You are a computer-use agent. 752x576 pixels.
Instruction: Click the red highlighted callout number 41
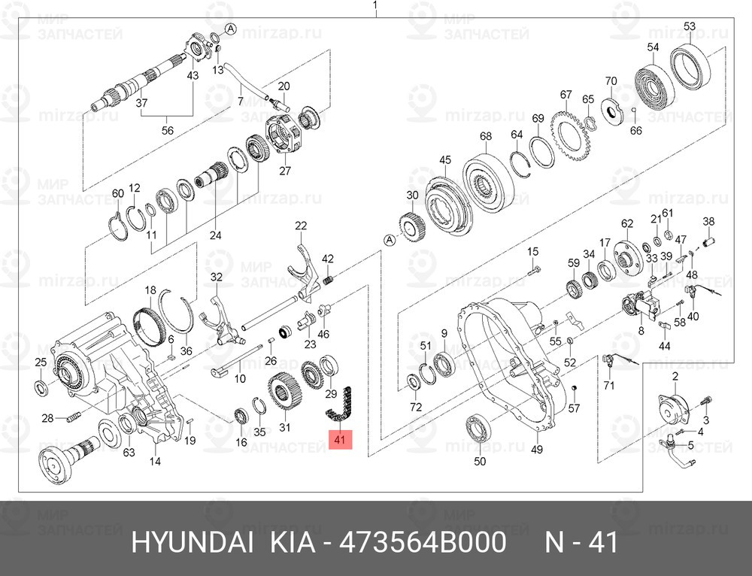coord(340,439)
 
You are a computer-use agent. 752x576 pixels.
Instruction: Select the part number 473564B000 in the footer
coord(423,543)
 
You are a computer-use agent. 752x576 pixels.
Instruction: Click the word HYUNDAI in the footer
coord(192,543)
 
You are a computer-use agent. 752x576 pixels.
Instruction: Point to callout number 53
coord(690,26)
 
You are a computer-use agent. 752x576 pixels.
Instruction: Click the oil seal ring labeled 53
coord(690,67)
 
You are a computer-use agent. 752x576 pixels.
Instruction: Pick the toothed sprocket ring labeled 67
coord(569,137)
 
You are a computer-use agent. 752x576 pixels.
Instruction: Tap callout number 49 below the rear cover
coord(537,449)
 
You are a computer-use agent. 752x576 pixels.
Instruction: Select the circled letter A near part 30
coord(390,241)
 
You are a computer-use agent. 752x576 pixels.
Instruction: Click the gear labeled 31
coord(284,391)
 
